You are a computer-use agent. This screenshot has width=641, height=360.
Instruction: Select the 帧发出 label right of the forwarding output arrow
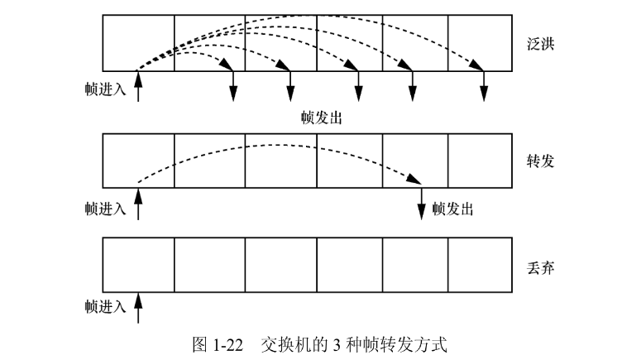click(452, 209)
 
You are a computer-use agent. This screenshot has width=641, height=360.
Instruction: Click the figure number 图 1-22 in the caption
click(218, 343)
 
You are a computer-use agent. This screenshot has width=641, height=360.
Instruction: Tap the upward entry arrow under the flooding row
click(137, 86)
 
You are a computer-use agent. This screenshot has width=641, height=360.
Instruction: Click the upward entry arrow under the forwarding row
click(137, 204)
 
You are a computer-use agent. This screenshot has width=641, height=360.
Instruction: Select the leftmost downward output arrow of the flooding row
click(233, 85)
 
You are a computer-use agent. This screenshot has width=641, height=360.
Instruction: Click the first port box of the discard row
click(137, 265)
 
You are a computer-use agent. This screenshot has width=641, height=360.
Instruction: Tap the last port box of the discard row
click(481, 265)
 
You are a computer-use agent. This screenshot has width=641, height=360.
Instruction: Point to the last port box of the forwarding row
click(481, 161)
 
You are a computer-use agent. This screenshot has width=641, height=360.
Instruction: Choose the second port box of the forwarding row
click(209, 161)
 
